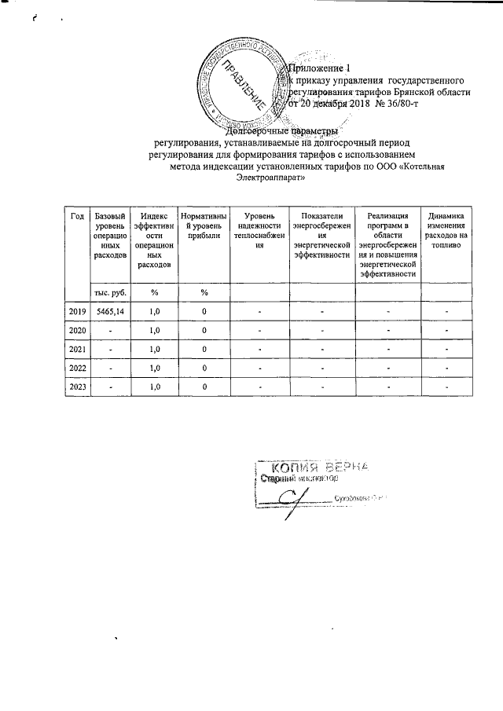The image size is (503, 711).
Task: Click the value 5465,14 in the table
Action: [x=108, y=312]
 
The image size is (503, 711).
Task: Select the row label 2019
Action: [x=77, y=312]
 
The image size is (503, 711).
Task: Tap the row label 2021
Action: [x=77, y=349]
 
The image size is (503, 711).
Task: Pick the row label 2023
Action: [x=77, y=386]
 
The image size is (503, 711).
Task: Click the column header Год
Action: [x=77, y=217]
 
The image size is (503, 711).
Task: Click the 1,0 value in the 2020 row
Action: [x=155, y=330]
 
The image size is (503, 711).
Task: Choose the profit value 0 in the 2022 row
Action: [x=204, y=368]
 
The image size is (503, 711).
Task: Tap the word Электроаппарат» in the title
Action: [x=270, y=178]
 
